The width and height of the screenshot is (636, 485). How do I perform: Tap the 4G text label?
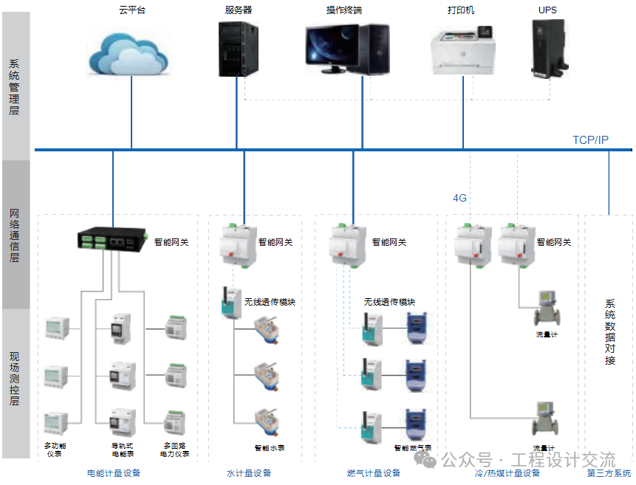460,198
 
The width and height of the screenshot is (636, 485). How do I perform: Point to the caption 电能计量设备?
113,473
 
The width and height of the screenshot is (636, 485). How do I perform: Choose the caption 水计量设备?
249,473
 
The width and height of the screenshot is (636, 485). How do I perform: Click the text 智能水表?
269,447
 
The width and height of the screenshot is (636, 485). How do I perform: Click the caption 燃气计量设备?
374,473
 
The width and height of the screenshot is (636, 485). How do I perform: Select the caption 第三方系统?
609,473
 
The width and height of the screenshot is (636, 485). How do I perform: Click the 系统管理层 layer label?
14,87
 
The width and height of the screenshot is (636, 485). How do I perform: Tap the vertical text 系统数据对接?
610,332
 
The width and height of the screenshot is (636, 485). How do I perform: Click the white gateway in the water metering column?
238,241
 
